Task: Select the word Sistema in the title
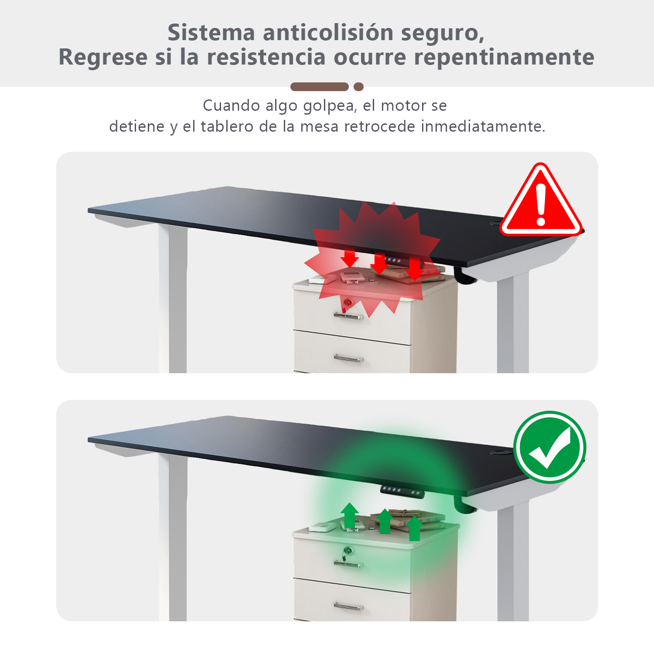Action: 211,33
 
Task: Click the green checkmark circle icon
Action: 549,447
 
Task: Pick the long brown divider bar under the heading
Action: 320,87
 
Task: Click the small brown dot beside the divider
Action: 359,87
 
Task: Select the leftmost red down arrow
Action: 350,258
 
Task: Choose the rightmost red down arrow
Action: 414,269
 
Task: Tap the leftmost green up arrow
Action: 350,515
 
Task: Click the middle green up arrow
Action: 385,521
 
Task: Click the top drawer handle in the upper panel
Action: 348,316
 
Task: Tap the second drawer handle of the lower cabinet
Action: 348,606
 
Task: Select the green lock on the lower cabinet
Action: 347,551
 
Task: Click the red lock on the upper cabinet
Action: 347,302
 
